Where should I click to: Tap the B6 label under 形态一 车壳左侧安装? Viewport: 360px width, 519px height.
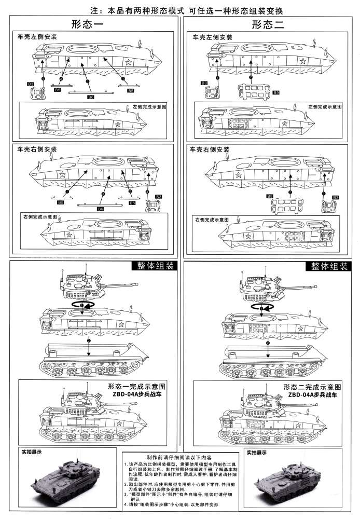point(91,97)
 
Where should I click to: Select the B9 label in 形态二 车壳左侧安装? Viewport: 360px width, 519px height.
point(276,92)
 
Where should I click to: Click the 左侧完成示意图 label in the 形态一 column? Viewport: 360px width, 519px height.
point(149,106)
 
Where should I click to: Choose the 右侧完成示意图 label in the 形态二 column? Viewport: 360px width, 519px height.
point(212,220)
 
